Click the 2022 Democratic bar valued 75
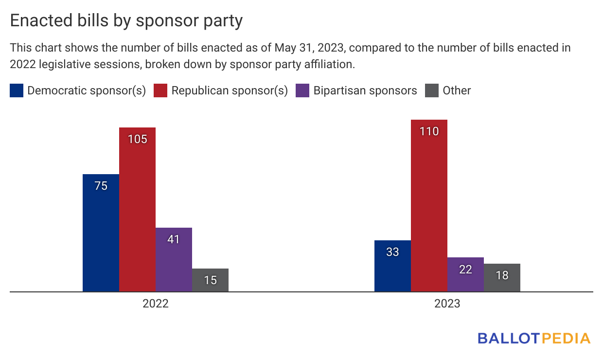click(101, 234)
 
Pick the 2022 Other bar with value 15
click(210, 280)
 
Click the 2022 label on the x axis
click(156, 304)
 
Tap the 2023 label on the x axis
click(447, 304)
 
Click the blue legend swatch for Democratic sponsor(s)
click(17, 90)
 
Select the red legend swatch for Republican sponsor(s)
click(160, 90)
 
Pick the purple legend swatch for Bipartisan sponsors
click(302, 90)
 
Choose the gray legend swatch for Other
click(432, 90)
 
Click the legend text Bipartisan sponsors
click(365, 90)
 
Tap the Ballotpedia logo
click(534, 338)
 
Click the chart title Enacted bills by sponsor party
click(126, 21)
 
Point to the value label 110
click(429, 131)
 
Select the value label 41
click(174, 239)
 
